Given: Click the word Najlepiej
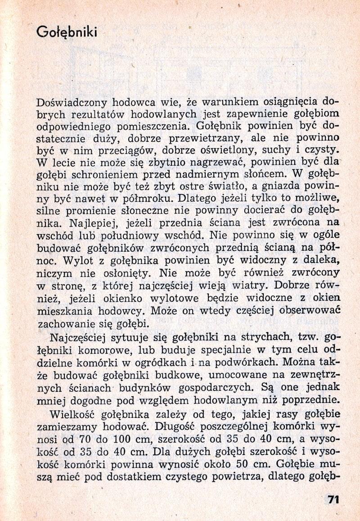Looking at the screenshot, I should tap(87, 222).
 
